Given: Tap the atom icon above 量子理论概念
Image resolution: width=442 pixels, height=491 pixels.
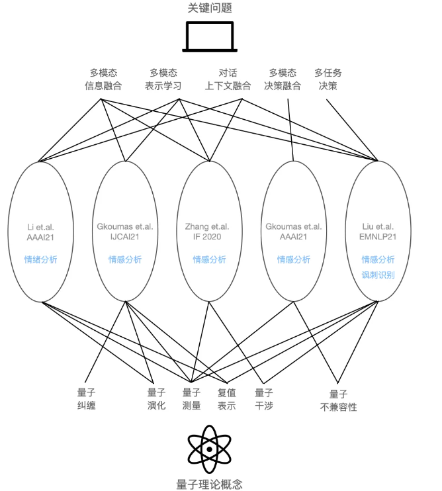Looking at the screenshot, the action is tap(209, 449).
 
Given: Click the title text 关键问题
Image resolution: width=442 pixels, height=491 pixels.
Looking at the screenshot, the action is tap(210, 8).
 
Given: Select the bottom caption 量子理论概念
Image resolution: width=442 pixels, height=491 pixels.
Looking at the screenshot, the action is tap(209, 484).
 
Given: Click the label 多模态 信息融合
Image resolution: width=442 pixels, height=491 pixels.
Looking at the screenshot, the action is tap(103, 79).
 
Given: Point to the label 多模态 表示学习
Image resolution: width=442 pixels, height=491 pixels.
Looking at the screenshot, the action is tap(163, 79).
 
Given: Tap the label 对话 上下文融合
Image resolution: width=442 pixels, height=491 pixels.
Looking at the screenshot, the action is tap(228, 79).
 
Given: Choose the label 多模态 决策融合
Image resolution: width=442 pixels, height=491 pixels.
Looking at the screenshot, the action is tap(283, 79).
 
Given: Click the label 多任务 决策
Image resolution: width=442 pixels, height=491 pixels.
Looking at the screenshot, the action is tap(328, 79).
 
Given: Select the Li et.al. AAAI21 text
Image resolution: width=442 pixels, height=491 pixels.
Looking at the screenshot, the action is tap(40, 232).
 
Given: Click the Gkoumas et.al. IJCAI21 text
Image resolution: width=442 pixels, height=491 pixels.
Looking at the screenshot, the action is tap(125, 232).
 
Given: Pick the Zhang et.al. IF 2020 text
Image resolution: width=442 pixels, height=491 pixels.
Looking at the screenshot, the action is tap(207, 232).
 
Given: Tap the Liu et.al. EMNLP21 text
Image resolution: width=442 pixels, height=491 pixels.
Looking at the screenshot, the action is tap(378, 232).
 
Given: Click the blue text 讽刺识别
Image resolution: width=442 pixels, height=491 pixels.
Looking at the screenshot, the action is tap(378, 275).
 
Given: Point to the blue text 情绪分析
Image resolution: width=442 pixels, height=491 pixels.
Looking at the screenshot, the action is tap(41, 259).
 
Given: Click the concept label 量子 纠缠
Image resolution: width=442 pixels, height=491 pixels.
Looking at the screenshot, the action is tap(86, 398).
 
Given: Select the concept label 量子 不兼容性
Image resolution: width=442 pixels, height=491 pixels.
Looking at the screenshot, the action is tap(338, 400).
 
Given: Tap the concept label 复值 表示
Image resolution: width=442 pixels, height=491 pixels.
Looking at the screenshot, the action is tap(227, 398).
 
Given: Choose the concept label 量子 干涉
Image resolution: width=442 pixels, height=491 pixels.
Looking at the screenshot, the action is tap(264, 398).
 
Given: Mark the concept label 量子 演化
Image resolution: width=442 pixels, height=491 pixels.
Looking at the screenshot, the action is tap(156, 398).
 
